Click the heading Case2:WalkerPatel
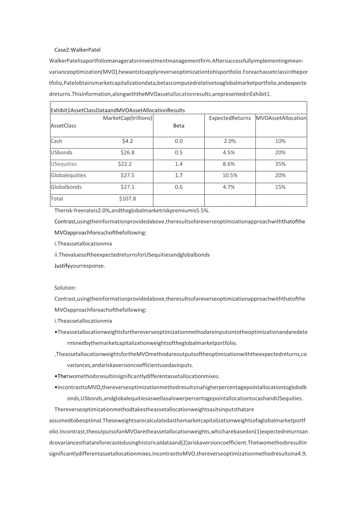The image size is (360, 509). point(77,50)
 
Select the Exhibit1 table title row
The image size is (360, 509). point(118,110)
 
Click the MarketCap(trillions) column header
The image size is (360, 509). point(128,118)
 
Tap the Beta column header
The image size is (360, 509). point(178,126)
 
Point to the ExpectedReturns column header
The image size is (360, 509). point(230,118)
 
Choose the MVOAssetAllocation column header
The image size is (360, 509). point(281,118)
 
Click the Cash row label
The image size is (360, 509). point(57,141)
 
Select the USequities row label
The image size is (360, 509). point(64,164)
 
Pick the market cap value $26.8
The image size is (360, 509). point(128,152)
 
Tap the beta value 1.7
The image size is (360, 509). point(178,176)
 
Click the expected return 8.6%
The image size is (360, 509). point(230,164)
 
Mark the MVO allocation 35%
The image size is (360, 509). point(281,164)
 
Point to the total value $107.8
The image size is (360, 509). point(128,199)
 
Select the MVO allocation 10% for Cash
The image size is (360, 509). point(281,141)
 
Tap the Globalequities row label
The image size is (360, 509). point(68,176)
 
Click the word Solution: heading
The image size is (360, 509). point(65,288)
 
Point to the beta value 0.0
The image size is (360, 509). point(178,141)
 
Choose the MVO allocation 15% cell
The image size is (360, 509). point(281,187)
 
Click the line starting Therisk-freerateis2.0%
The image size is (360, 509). point(132,211)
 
